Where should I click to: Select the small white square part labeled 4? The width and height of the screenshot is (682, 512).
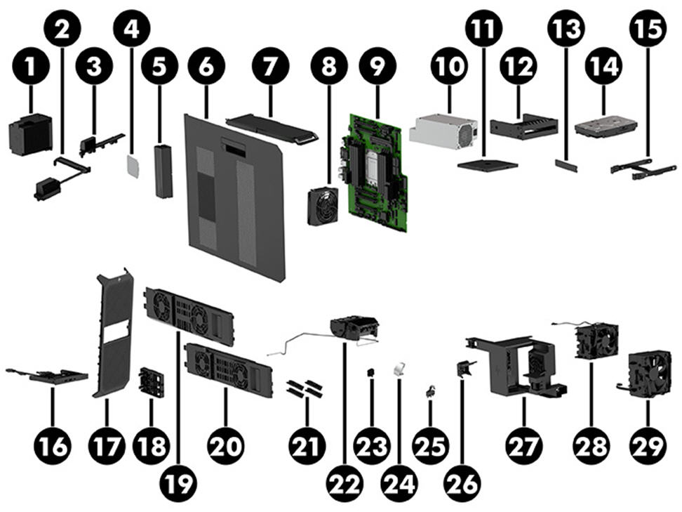tap(131, 164)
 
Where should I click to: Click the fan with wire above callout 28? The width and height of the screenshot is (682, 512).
tap(596, 339)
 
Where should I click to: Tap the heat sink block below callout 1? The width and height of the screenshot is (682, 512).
tap(31, 135)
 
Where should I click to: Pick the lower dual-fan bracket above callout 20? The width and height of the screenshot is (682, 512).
tap(227, 366)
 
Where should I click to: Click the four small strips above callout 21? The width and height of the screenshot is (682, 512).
tap(304, 389)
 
